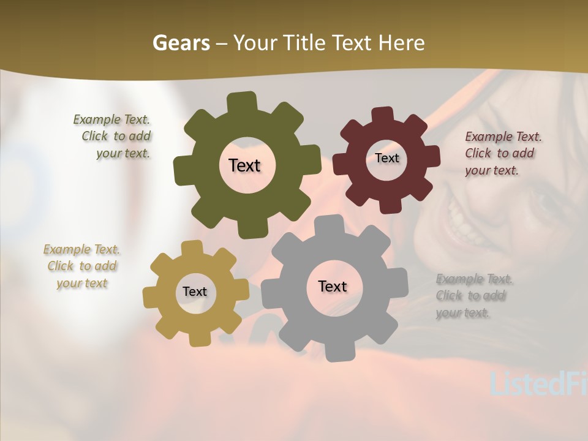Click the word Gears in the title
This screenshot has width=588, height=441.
[181, 43]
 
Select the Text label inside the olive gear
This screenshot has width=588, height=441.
[244, 165]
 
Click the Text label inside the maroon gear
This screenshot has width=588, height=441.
[386, 158]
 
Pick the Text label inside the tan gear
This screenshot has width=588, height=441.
[195, 292]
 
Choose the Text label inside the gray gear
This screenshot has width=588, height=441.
[333, 286]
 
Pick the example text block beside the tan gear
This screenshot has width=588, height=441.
[82, 266]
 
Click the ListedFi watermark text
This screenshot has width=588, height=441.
[538, 383]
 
